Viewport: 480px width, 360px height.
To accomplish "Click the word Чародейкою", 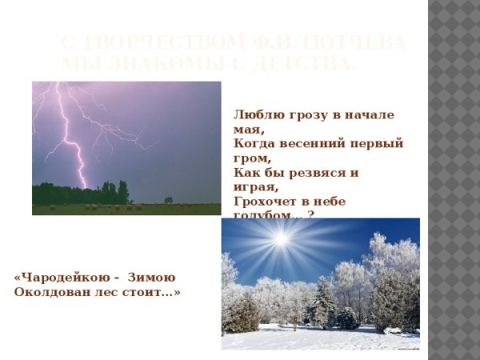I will [x=63, y=278].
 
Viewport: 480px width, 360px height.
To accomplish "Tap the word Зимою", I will [x=151, y=278].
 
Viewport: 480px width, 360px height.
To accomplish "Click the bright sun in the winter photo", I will [x=280, y=238].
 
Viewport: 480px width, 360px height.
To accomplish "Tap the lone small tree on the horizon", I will [x=168, y=200].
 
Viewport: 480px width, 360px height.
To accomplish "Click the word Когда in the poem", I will [x=254, y=144].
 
